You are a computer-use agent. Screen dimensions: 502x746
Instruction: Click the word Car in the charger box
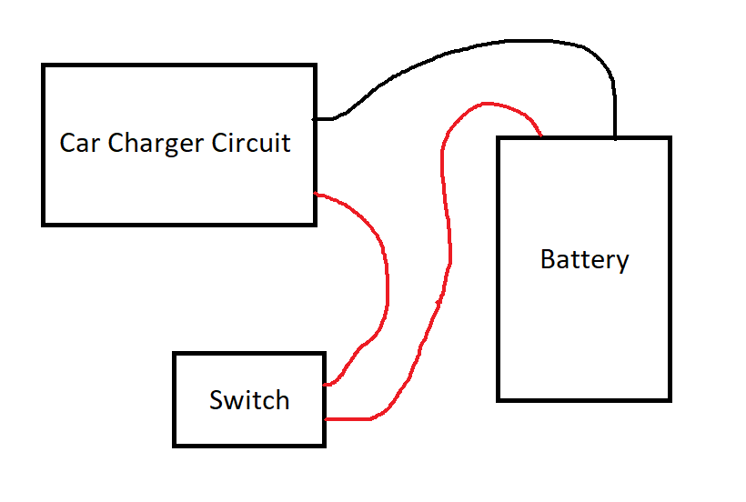[78, 143]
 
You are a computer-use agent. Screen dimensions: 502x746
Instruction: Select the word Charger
[153, 144]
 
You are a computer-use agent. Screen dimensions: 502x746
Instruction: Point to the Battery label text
[584, 259]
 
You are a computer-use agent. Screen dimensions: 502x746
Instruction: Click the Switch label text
[249, 400]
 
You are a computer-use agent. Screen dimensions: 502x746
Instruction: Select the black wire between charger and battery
[473, 50]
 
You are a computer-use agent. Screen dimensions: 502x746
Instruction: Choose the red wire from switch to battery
[446, 227]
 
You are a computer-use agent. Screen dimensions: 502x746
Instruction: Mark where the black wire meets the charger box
[316, 118]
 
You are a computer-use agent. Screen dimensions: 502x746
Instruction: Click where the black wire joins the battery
[615, 137]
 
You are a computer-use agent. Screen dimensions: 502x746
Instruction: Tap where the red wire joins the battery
[541, 137]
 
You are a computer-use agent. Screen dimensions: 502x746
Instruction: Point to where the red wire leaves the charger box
[316, 194]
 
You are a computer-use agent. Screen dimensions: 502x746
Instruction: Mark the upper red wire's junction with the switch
[325, 385]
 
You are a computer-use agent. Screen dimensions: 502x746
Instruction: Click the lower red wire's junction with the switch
[325, 419]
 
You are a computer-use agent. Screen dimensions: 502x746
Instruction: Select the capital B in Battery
[548, 259]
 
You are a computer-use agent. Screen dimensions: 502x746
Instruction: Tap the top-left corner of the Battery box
[498, 138]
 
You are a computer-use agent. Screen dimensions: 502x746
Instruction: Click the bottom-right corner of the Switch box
[325, 445]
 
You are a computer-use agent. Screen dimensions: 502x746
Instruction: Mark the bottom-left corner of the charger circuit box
[44, 223]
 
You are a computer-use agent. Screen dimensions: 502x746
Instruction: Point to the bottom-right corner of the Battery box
[670, 399]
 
